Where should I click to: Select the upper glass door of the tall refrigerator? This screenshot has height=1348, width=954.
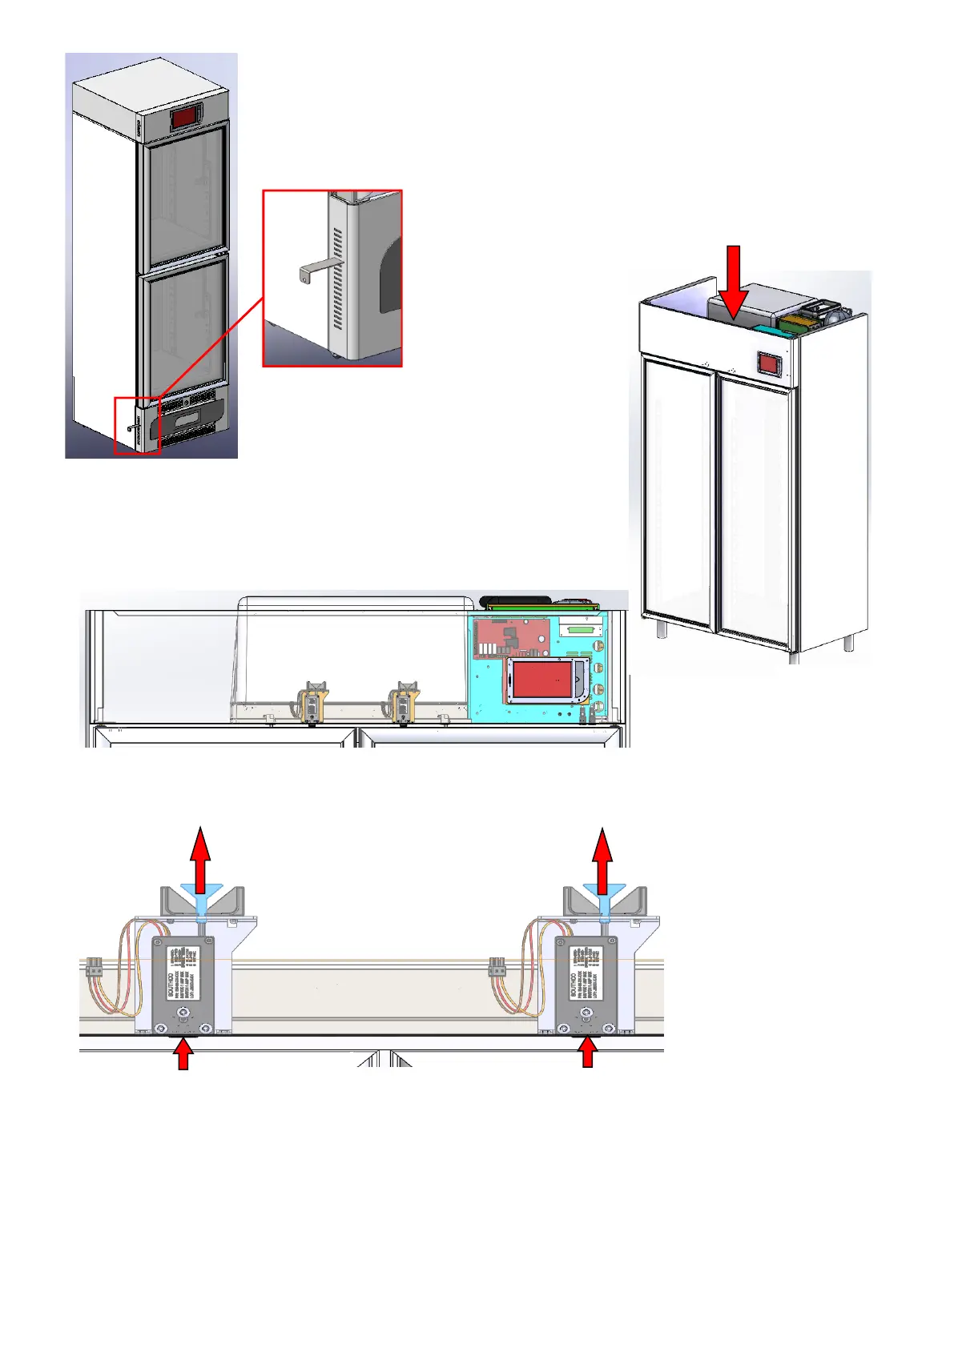(x=185, y=203)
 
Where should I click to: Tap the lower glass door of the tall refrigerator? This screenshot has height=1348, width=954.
(x=184, y=328)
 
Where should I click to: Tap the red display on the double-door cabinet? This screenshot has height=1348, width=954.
(x=770, y=365)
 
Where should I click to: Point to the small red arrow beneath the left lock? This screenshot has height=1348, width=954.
(x=184, y=1053)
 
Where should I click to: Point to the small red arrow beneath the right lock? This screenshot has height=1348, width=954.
(x=589, y=1053)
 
